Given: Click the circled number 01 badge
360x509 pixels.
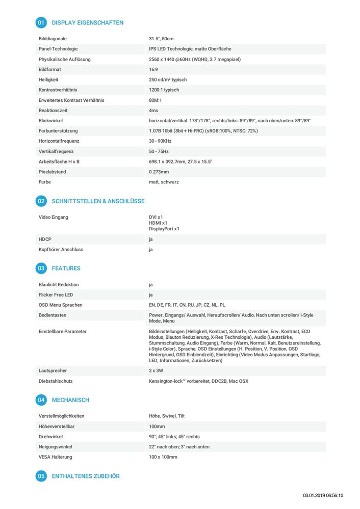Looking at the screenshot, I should pos(41,22).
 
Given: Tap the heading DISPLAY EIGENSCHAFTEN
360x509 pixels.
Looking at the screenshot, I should pos(87,23).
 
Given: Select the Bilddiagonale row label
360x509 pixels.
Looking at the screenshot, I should pos(53,39).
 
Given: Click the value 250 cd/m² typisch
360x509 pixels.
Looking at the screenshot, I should pos(168,80).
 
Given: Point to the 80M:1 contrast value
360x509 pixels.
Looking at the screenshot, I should pos(155,100).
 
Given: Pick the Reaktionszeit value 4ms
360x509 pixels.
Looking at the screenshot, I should pos(153,111).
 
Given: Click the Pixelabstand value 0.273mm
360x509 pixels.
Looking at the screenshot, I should pos(159,172).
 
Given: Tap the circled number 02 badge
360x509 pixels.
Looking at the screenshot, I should pos(41,201).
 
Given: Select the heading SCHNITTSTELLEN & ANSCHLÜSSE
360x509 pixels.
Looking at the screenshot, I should pos(98,201).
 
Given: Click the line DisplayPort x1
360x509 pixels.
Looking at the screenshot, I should pos(164,229).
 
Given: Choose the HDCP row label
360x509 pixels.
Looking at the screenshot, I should pos(45,239).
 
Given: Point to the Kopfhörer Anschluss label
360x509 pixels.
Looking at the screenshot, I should pos(61,250).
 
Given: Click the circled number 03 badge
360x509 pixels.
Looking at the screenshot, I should pos(41,268).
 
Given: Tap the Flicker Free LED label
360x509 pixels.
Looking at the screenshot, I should pos(56,295).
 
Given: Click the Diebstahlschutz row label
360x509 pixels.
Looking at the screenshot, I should pos(56,381).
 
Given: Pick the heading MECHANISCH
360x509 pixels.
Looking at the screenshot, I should pos(70,400).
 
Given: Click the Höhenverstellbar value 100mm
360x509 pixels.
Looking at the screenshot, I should pos(157,426).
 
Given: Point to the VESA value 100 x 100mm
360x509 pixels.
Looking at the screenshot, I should pos(163,457).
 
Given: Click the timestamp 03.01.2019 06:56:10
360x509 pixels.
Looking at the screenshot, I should pos(323,495).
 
